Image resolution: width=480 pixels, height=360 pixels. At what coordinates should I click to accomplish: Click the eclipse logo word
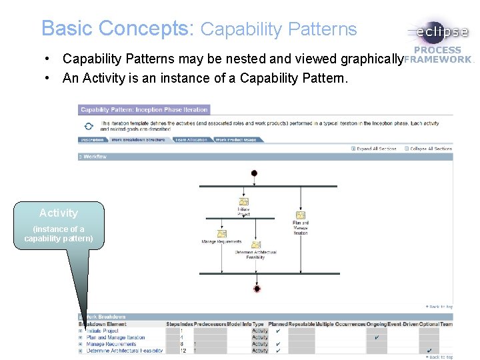coord(442,32)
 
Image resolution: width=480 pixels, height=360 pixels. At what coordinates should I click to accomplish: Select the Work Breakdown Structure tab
coord(138,140)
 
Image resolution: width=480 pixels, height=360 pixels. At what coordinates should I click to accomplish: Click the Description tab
coord(92,140)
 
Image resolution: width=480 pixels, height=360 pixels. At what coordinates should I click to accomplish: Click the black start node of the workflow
coord(254,173)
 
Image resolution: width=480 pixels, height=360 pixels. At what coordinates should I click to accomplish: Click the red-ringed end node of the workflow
coord(257,289)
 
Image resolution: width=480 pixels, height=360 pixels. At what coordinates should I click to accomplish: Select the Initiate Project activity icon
coord(244,202)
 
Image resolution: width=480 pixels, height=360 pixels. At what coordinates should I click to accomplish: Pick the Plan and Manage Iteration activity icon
coord(301,215)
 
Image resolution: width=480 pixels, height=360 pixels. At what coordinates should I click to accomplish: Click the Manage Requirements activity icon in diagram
coord(221,233)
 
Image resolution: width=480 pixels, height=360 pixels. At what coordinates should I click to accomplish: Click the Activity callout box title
coord(59,213)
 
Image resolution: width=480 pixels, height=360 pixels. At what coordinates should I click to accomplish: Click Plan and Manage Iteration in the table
coord(115,337)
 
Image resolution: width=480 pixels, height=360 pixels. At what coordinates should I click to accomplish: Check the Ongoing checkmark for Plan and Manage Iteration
coord(377,337)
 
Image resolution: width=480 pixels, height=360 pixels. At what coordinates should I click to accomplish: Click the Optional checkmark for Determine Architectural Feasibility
coord(430,351)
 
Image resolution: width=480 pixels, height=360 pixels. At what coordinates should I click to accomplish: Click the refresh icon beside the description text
coord(89,125)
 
